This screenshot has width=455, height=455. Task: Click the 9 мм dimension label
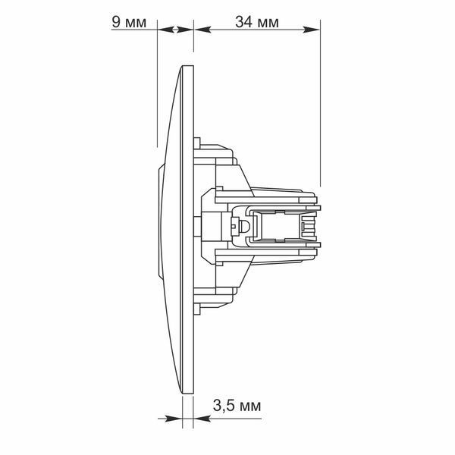coord(129,22)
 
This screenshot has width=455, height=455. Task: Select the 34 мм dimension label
coord(257,22)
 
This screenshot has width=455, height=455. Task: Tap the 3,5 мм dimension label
coord(237,406)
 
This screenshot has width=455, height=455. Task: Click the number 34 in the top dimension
coord(243,22)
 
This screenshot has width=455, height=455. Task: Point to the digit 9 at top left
coord(116,22)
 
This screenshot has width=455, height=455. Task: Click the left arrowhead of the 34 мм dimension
coord(202,30)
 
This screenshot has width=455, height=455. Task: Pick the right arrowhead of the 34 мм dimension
coord(312,30)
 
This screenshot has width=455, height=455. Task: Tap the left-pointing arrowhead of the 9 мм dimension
coord(166,30)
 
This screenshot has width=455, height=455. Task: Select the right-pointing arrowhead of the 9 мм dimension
coord(185,30)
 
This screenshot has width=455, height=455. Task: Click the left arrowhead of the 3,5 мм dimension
coord(174,419)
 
